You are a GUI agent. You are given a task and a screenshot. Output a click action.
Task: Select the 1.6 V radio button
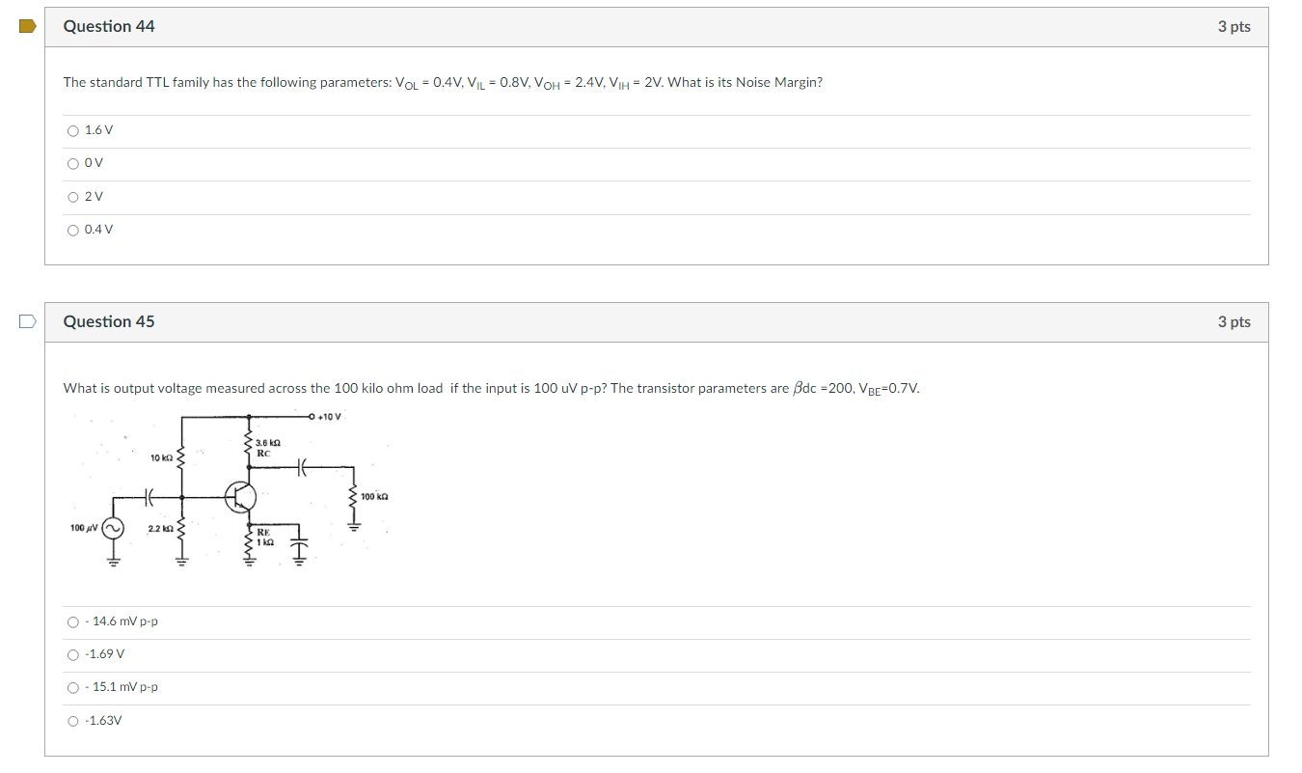pyautogui.click(x=72, y=130)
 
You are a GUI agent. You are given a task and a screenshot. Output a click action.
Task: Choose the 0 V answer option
pyautogui.click(x=72, y=163)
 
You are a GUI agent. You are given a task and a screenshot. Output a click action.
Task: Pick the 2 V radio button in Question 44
pyautogui.click(x=72, y=197)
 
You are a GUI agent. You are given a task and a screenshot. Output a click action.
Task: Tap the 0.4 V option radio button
pyautogui.click(x=72, y=230)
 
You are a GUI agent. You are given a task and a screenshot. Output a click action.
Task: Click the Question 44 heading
pyautogui.click(x=109, y=27)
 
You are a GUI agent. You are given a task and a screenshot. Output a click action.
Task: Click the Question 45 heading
pyautogui.click(x=109, y=322)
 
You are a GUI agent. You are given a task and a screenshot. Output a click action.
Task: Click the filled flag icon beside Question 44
pyautogui.click(x=27, y=26)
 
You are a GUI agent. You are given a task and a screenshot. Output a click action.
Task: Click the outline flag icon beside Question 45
pyautogui.click(x=27, y=321)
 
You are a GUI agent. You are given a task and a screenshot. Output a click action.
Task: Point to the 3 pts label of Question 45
pyautogui.click(x=1234, y=322)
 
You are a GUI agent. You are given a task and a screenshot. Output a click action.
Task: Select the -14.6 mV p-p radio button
pyautogui.click(x=72, y=621)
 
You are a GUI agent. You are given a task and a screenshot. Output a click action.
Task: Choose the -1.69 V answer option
pyautogui.click(x=72, y=654)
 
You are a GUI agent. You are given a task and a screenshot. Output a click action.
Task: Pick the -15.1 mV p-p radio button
pyautogui.click(x=72, y=688)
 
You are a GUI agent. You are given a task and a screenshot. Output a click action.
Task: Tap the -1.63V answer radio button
pyautogui.click(x=72, y=721)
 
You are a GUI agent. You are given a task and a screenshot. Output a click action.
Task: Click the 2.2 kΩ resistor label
pyautogui.click(x=159, y=529)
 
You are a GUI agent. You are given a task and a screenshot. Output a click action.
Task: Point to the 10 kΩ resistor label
pyautogui.click(x=161, y=457)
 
